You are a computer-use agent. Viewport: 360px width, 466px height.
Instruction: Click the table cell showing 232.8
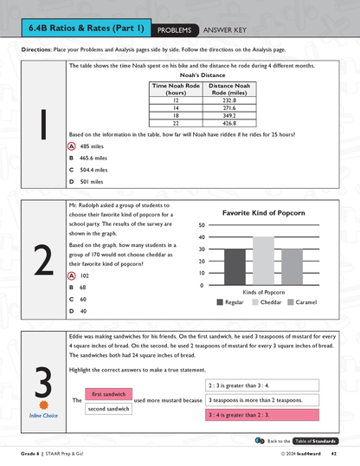tap(229, 100)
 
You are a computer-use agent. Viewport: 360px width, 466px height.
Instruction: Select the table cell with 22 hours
tap(175, 122)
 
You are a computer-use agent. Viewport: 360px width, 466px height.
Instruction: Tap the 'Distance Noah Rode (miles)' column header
tap(229, 89)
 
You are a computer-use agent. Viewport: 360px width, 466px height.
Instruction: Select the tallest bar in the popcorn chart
tap(263, 262)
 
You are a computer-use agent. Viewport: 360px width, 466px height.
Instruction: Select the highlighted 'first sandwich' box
tap(109, 394)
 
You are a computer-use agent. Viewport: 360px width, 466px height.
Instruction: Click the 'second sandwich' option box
tap(109, 408)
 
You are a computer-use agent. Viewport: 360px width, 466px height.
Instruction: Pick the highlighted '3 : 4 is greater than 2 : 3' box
tap(254, 415)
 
